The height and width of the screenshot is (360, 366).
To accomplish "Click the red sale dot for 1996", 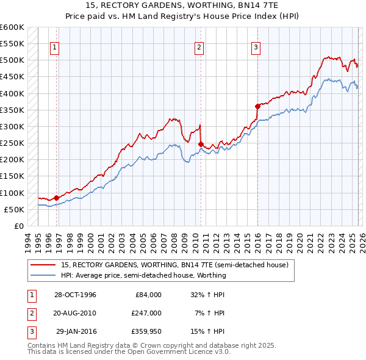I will point(57,198).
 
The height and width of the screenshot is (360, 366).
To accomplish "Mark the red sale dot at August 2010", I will point(201,144).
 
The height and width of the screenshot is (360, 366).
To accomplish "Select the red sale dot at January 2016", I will point(257,106).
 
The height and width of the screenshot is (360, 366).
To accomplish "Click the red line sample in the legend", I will point(44,265).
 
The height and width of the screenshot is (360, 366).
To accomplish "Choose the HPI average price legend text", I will point(143,275).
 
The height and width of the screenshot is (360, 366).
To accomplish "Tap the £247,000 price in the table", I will point(146,313).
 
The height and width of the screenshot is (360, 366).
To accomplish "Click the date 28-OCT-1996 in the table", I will point(75,295).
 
